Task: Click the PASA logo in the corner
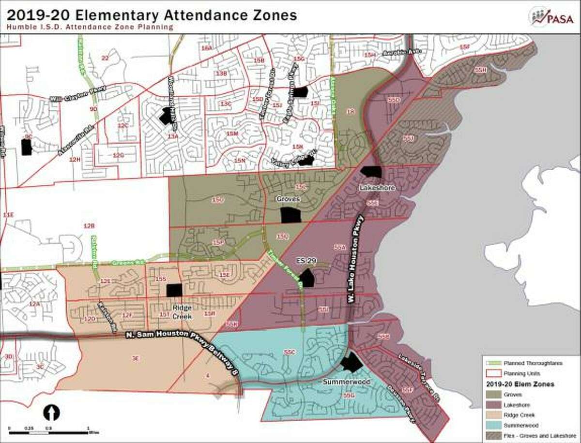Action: point(556,17)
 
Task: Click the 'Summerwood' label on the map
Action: point(346,382)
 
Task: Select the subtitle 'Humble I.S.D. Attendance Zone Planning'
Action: point(90,28)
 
